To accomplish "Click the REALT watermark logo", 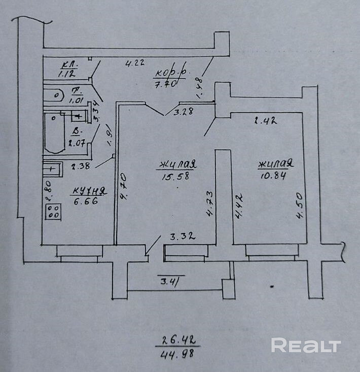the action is [x=305, y=346].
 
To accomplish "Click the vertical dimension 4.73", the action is [x=209, y=204].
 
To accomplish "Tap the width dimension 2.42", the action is [x=264, y=120].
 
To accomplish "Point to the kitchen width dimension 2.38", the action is [x=81, y=165].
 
